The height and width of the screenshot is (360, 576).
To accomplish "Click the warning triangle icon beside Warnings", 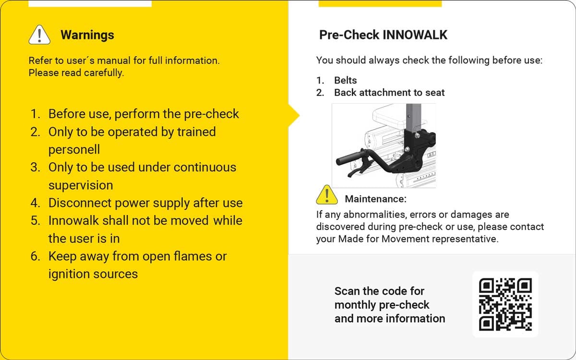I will pos(39,34).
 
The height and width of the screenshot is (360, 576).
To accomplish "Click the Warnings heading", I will pos(87,35).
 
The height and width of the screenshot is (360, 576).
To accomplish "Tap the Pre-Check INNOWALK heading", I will pos(383,35).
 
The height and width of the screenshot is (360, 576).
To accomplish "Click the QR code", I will pos(505,304).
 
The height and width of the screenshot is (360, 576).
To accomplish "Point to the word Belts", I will pos(346,80).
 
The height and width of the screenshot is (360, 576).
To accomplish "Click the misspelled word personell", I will pos(74,149).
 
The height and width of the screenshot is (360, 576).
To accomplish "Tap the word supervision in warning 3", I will pos(81,185).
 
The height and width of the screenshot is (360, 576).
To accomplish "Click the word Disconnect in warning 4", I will pos(78,203).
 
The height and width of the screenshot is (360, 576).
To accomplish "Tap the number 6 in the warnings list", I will pos(35,256).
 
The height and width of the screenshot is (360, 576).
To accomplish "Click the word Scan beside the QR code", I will pos(347,291).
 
